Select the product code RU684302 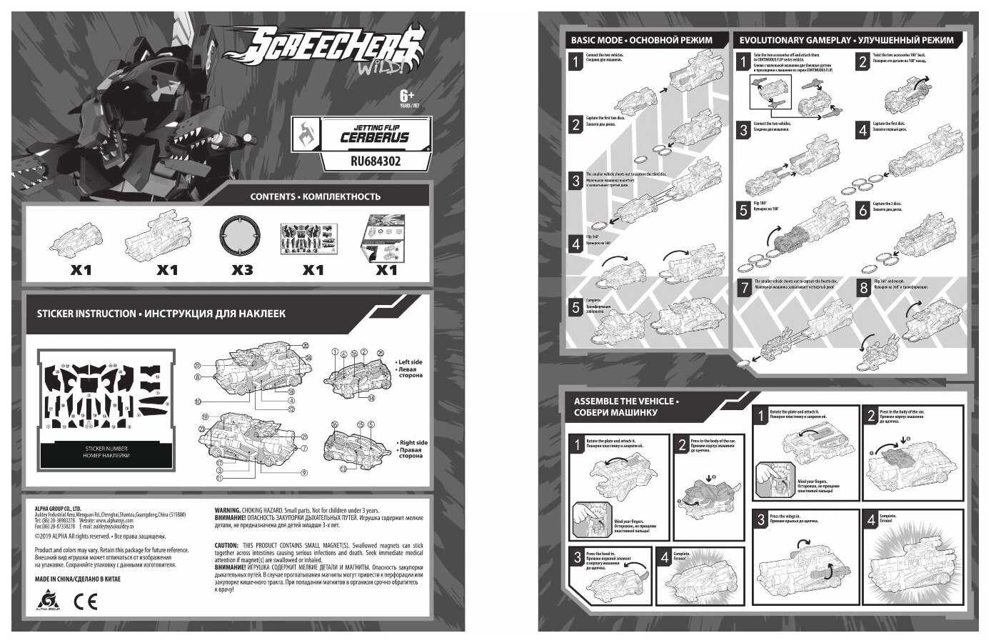click(364, 161)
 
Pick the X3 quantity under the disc click(236, 270)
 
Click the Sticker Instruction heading click(161, 314)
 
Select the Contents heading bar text click(315, 196)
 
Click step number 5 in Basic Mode click(575, 308)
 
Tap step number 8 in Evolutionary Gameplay click(862, 289)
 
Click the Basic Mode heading click(640, 41)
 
